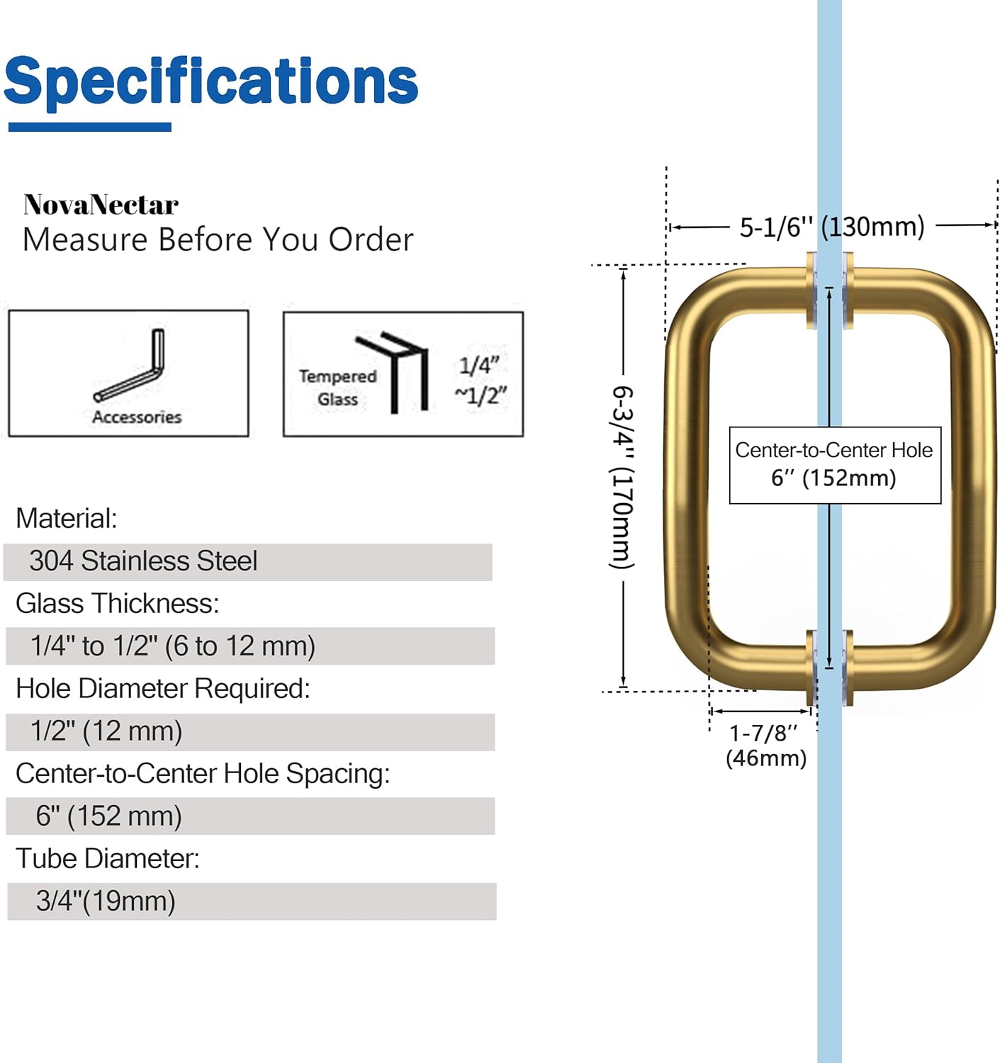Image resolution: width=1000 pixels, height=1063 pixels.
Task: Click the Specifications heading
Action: [x=211, y=81]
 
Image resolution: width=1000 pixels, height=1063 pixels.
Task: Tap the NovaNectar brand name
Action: [x=101, y=205]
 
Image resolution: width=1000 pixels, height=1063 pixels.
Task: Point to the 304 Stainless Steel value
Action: [x=143, y=561]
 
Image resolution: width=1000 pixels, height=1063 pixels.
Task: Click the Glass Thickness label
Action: [x=118, y=604]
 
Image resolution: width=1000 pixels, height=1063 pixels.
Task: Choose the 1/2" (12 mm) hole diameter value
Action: [x=106, y=731]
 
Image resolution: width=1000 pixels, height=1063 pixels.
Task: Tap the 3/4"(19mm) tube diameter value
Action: [x=106, y=901]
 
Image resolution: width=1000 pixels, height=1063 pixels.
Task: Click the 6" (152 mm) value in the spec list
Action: [x=108, y=816]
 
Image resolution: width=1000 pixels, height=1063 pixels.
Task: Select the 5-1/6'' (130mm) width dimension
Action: [x=831, y=227]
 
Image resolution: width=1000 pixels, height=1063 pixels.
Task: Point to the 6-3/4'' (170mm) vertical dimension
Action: [x=623, y=477]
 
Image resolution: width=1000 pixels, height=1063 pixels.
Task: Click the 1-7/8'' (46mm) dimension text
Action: [x=765, y=745]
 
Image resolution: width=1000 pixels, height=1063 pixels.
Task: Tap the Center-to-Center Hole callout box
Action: [x=834, y=465]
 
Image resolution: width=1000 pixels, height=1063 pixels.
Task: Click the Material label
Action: [x=67, y=519]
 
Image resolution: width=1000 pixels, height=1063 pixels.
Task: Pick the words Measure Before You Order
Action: [x=218, y=240]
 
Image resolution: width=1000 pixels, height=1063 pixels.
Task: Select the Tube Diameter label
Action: [x=108, y=858]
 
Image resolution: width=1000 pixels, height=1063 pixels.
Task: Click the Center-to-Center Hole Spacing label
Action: [x=203, y=773]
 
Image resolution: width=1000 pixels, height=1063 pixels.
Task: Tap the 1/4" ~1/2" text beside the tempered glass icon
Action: [x=481, y=380]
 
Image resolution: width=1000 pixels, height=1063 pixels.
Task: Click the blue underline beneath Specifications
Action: [x=90, y=128]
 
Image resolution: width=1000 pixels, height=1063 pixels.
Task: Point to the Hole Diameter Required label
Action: [x=163, y=688]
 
